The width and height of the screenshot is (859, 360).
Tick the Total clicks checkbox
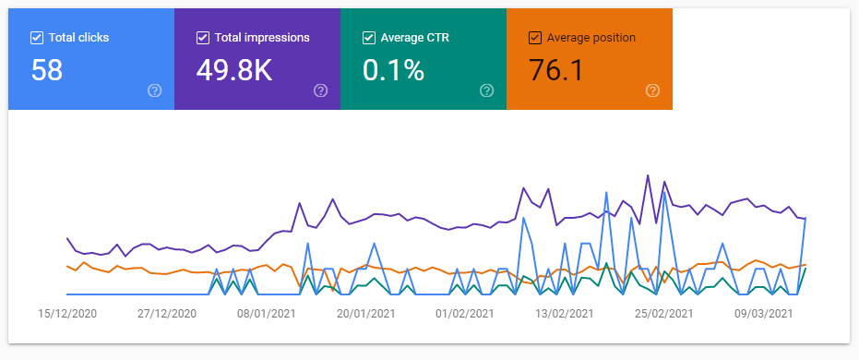pyautogui.click(x=37, y=38)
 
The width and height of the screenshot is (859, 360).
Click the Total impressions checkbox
pyautogui.click(x=203, y=38)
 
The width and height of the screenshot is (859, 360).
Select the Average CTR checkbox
pyautogui.click(x=369, y=38)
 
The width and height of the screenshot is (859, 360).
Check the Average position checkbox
pyautogui.click(x=535, y=38)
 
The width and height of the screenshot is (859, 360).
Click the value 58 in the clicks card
pyautogui.click(x=46, y=70)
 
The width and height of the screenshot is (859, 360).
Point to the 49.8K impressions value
pyautogui.click(x=234, y=70)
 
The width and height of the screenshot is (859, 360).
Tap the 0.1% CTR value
pyautogui.click(x=393, y=70)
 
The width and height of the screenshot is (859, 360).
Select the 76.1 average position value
pyautogui.click(x=556, y=70)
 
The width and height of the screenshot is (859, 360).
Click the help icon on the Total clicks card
pyautogui.click(x=155, y=90)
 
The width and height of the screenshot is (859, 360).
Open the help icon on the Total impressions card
pyautogui.click(x=320, y=90)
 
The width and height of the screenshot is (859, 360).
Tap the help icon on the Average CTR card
pyautogui.click(x=486, y=90)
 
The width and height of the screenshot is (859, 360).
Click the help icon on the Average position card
pyautogui.click(x=652, y=90)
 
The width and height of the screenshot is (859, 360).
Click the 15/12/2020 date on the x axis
pyautogui.click(x=67, y=314)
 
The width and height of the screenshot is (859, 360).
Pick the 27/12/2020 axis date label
pyautogui.click(x=166, y=314)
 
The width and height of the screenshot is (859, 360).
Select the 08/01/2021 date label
pyautogui.click(x=267, y=314)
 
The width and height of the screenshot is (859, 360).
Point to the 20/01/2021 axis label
pyautogui.click(x=365, y=314)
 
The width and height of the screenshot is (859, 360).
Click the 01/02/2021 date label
pyautogui.click(x=465, y=314)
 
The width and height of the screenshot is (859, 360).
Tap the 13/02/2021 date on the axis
pyautogui.click(x=565, y=314)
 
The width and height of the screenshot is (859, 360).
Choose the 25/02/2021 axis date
pyautogui.click(x=663, y=314)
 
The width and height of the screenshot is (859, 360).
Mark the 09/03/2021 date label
pyautogui.click(x=763, y=314)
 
